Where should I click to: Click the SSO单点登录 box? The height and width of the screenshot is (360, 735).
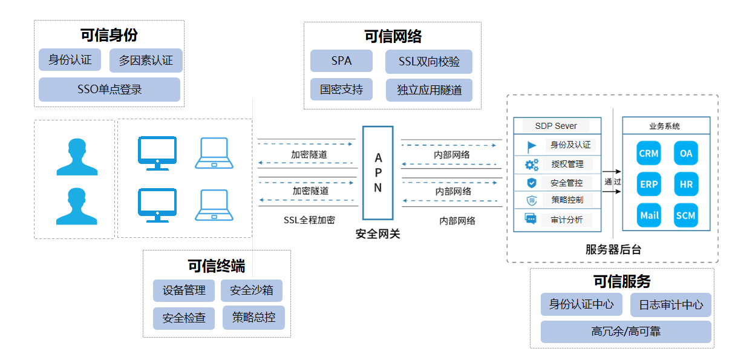coord(109,90)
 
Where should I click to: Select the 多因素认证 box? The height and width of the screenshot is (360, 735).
coord(146,61)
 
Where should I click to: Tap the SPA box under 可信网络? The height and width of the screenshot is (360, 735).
coord(341,61)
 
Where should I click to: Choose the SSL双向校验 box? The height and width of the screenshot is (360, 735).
coord(429,62)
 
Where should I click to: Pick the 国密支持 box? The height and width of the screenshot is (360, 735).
coord(341,90)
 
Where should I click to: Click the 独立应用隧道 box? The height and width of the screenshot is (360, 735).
coord(429,90)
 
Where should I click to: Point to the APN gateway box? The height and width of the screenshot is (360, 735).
coord(378,173)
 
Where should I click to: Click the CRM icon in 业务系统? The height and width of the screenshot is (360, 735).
coord(648,154)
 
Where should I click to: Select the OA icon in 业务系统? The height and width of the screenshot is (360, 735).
coord(685,154)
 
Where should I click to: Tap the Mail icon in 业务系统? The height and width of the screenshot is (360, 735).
coord(648,215)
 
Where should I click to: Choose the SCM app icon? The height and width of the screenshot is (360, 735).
coord(685,215)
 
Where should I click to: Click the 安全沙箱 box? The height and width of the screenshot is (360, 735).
coord(252,290)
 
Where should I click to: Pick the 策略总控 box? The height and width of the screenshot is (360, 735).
coord(253,317)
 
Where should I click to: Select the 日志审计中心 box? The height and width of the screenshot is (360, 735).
coord(671,305)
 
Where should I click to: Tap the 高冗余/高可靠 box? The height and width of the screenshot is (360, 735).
coord(626,332)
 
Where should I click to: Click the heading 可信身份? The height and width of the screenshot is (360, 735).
coord(109,35)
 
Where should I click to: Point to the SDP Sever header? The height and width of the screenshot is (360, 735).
coord(557,126)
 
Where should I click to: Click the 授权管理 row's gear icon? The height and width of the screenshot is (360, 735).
coord(532,165)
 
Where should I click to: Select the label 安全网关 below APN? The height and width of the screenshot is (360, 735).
coord(378,234)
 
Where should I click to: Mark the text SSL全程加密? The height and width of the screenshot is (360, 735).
coord(309,220)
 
